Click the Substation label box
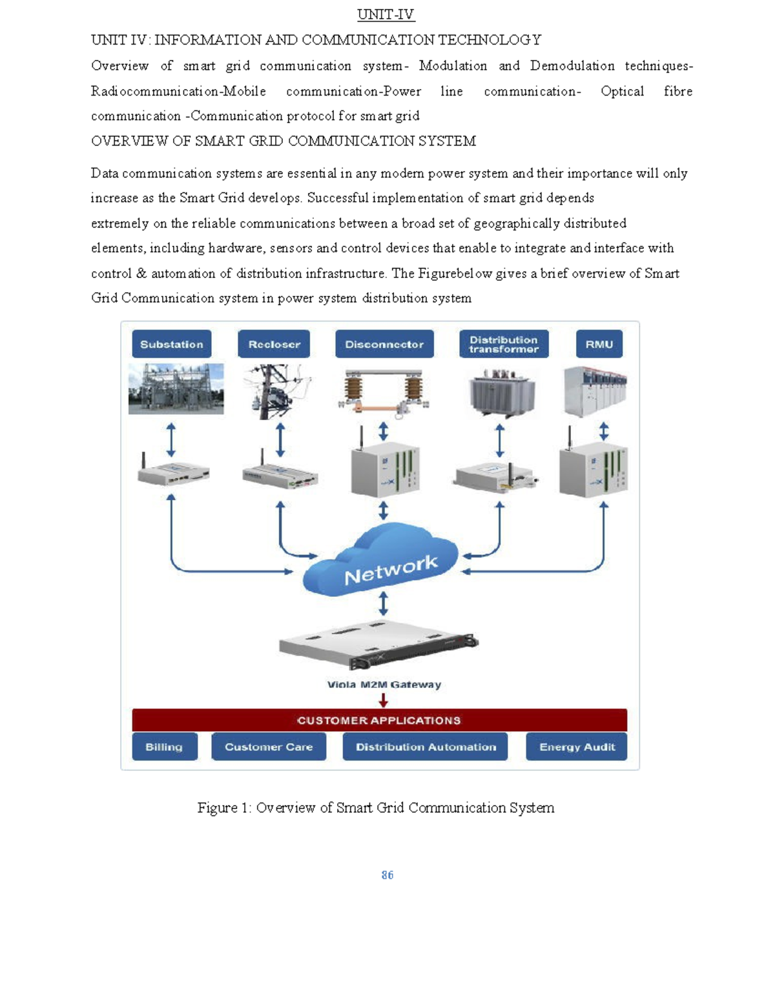[171, 344]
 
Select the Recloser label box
[274, 344]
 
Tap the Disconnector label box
[384, 344]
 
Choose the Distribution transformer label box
[504, 344]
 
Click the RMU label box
[599, 344]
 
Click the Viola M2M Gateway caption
[384, 685]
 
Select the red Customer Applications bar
[379, 720]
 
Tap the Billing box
[164, 746]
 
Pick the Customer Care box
[269, 746]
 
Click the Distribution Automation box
[426, 746]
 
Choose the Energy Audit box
[577, 746]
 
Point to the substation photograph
[176, 388]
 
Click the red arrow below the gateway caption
[384, 700]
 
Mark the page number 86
[387, 875]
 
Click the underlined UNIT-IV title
[386, 15]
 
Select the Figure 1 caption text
[376, 808]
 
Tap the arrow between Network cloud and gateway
[384, 603]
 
